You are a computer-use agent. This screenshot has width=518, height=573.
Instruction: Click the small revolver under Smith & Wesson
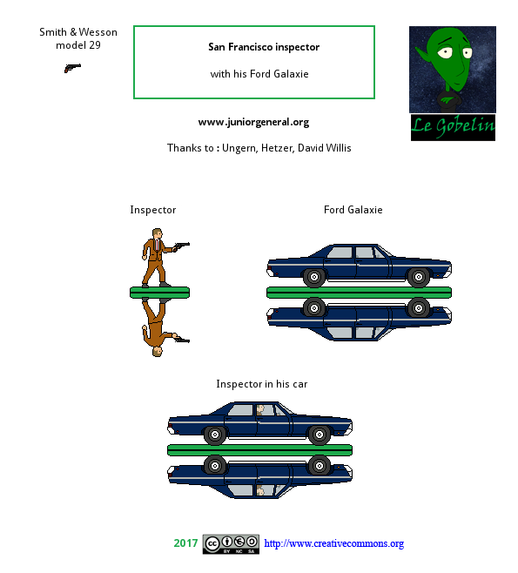tap(72, 68)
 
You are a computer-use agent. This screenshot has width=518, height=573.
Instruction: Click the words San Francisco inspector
tap(264, 47)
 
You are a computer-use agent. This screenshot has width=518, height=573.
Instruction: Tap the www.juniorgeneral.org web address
tap(253, 122)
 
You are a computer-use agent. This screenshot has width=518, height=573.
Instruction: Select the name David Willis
tap(325, 148)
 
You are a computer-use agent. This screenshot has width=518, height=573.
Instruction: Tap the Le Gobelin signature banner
tap(453, 127)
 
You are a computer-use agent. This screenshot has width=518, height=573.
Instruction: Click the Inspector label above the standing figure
tap(153, 210)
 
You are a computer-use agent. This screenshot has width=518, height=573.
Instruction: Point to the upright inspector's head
tap(157, 233)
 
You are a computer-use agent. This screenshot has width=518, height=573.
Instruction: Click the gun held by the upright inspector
tap(182, 245)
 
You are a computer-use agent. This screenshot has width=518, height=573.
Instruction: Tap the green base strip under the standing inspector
tap(159, 293)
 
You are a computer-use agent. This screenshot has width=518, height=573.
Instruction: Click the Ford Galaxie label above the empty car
tap(353, 210)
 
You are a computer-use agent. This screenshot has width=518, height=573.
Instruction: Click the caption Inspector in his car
tap(262, 384)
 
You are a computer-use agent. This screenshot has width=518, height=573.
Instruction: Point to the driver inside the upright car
tap(260, 410)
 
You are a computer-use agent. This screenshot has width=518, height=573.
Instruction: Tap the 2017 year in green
tap(185, 543)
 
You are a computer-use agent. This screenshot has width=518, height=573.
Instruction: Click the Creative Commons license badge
tap(231, 544)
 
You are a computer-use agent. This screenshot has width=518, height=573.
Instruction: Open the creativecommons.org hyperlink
tap(334, 543)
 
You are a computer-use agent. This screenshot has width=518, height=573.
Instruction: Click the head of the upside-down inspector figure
tap(157, 352)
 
